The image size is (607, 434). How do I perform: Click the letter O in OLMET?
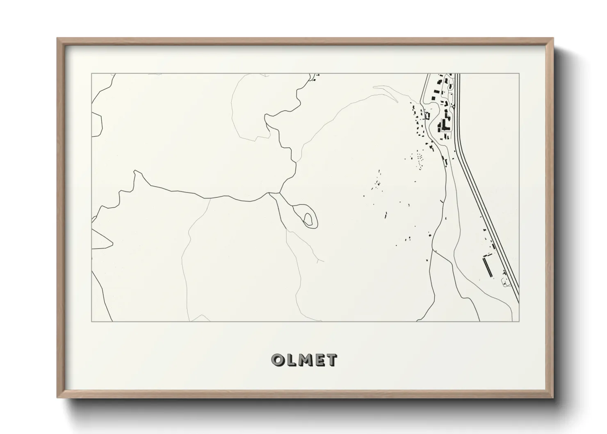tap(278, 360)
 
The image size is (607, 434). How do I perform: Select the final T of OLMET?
tap(332, 360)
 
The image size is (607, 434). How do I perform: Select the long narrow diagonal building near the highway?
tap(488, 267)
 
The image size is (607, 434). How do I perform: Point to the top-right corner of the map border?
tap(519, 73)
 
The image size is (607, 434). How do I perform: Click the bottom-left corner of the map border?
tap(91, 321)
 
